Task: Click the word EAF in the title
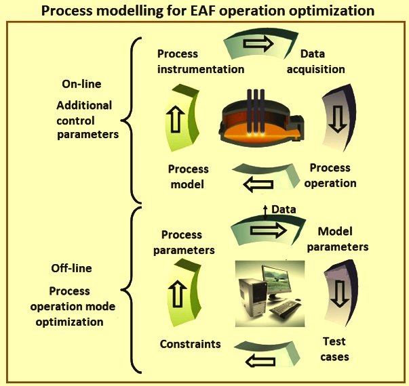coord(203,11)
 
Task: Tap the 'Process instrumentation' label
coord(201,62)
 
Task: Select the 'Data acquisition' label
coord(315,62)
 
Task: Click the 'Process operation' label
coord(330,175)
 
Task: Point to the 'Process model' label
coord(188,177)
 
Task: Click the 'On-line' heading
coord(81,84)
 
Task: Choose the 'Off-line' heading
coord(71,268)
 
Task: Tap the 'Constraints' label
coord(191,344)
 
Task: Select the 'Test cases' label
coord(334,349)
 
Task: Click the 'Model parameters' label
coord(338,239)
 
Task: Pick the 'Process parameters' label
coord(184,242)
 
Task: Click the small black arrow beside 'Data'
coord(265,212)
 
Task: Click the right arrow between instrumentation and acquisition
coord(258,43)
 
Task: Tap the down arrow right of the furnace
coord(338,119)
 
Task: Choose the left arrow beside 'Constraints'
coord(260,361)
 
